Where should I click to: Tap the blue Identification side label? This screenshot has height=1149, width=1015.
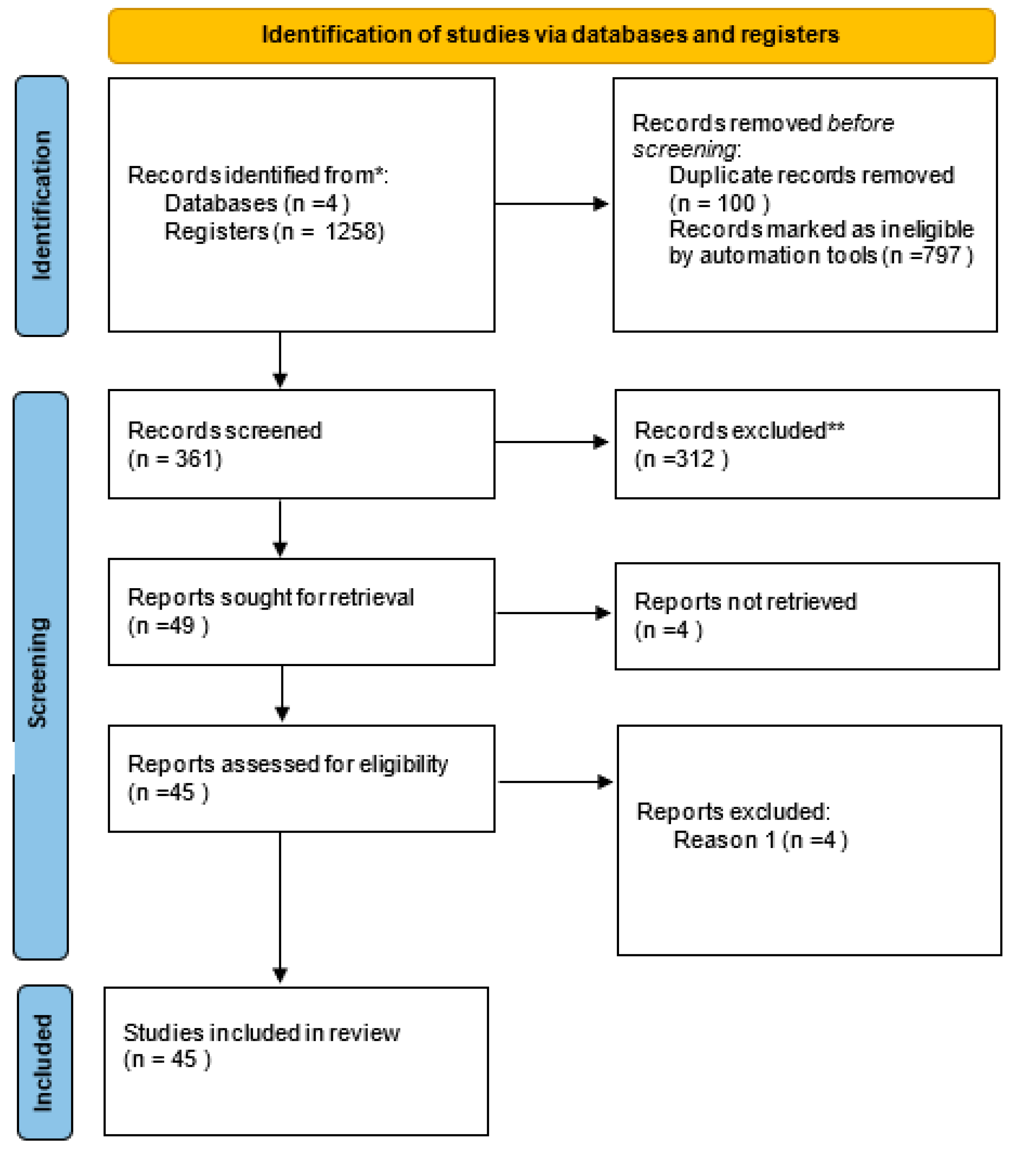point(42,206)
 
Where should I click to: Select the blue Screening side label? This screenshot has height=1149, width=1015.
point(39,672)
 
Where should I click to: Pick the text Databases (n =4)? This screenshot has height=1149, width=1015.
point(257,203)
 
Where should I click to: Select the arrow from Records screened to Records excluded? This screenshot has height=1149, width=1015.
point(551,442)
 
